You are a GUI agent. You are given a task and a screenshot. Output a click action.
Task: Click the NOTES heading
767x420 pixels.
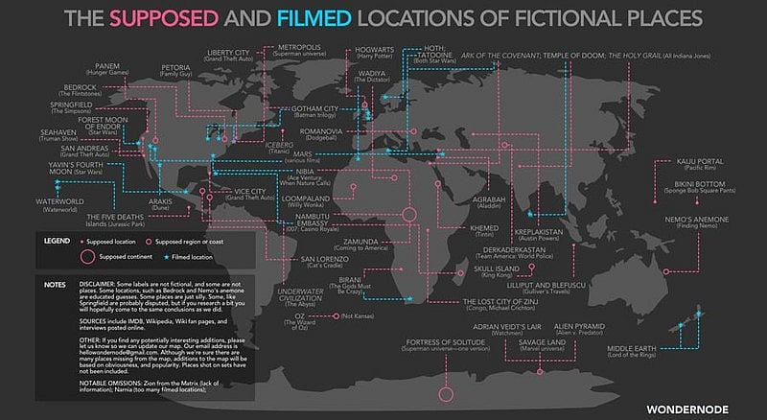tap(55, 284)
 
